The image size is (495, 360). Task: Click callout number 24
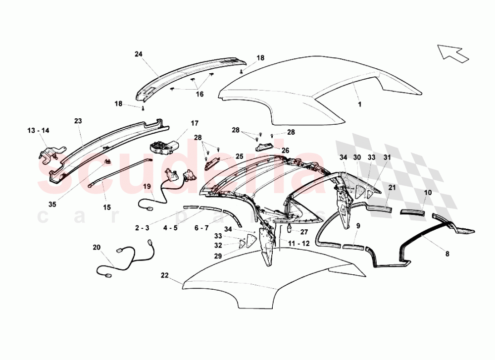[x=138, y=54]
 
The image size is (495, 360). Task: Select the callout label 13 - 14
[x=38, y=130]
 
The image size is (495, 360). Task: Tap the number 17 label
[x=195, y=123]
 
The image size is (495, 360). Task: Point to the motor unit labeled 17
[x=163, y=148]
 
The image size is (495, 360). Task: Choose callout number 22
[x=165, y=275]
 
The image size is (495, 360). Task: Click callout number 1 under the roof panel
[x=359, y=104]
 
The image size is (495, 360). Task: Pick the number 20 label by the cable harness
[x=97, y=247]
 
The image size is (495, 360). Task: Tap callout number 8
[x=447, y=254]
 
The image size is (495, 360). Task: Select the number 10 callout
[x=428, y=193]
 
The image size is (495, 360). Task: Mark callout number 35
[x=52, y=205]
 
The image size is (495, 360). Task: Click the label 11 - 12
[x=298, y=244]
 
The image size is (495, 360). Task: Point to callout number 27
[x=304, y=232]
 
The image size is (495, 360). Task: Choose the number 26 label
[x=285, y=151]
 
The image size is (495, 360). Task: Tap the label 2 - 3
[x=142, y=228]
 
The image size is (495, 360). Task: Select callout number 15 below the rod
[x=107, y=207]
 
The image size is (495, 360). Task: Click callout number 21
[x=392, y=188]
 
